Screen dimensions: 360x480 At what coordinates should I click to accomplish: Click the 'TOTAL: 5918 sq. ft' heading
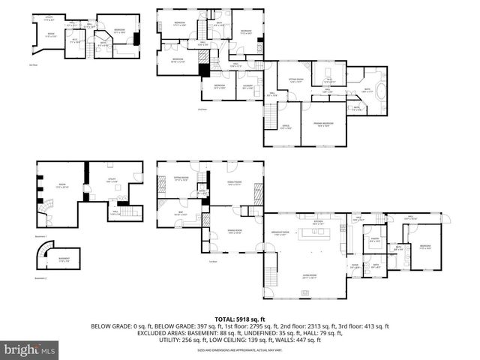[x=239, y=319]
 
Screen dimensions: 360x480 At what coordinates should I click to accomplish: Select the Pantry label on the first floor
[x=373, y=241]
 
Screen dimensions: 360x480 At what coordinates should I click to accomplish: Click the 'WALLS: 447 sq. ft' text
[x=300, y=340]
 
